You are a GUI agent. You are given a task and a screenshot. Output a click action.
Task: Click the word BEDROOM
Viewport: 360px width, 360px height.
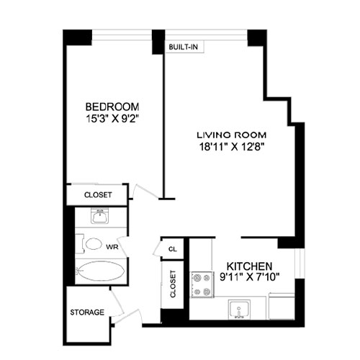(111, 103)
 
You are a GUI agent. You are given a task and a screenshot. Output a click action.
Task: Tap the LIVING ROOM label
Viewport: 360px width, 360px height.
(233, 135)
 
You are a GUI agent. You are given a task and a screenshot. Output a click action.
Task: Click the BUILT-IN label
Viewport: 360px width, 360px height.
(183, 47)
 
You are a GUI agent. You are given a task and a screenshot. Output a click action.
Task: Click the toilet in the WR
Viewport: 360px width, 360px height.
(91, 244)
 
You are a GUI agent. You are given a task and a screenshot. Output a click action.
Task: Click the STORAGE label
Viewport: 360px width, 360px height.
(87, 312)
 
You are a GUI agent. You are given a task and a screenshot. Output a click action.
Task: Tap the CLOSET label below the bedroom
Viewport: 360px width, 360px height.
(97, 194)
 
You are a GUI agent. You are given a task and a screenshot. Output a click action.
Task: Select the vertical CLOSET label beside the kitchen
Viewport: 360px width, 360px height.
(173, 284)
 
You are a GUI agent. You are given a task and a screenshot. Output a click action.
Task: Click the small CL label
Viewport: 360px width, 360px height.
(173, 249)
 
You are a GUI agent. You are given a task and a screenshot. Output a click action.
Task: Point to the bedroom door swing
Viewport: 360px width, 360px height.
(141, 190)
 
